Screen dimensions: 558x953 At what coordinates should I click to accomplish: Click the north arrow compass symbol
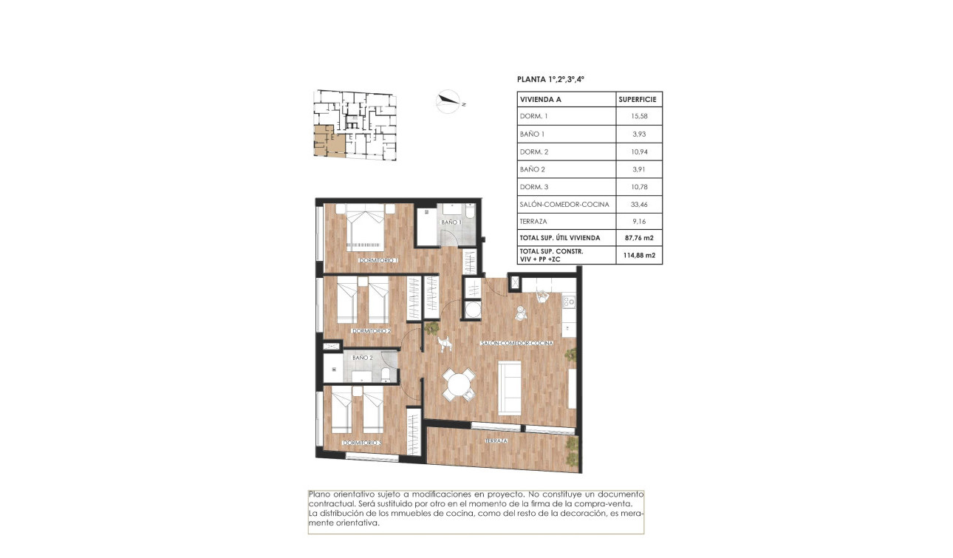pyautogui.click(x=448, y=102)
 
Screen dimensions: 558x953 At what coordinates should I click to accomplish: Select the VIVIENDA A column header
pyautogui.click(x=541, y=99)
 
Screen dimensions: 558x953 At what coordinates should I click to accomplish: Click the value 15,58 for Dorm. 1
pyautogui.click(x=639, y=117)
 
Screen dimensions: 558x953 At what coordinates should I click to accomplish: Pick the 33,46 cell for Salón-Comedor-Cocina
pyautogui.click(x=639, y=205)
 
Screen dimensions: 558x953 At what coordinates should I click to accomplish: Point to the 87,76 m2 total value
pyautogui.click(x=639, y=238)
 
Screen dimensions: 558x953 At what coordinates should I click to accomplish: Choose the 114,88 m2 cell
pyautogui.click(x=639, y=256)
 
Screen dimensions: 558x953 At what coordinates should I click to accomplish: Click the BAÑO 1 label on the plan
pyautogui.click(x=451, y=222)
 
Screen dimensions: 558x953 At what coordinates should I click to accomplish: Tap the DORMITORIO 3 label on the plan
pyautogui.click(x=362, y=443)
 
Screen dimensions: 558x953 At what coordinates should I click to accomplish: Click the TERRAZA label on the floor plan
pyautogui.click(x=496, y=440)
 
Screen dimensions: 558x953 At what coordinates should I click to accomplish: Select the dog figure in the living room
pyautogui.click(x=444, y=344)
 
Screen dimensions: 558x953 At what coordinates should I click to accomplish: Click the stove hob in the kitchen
pyautogui.click(x=568, y=301)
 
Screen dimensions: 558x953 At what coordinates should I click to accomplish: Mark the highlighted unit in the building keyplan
pyautogui.click(x=327, y=142)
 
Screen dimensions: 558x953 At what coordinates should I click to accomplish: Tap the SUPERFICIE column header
pyautogui.click(x=639, y=99)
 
